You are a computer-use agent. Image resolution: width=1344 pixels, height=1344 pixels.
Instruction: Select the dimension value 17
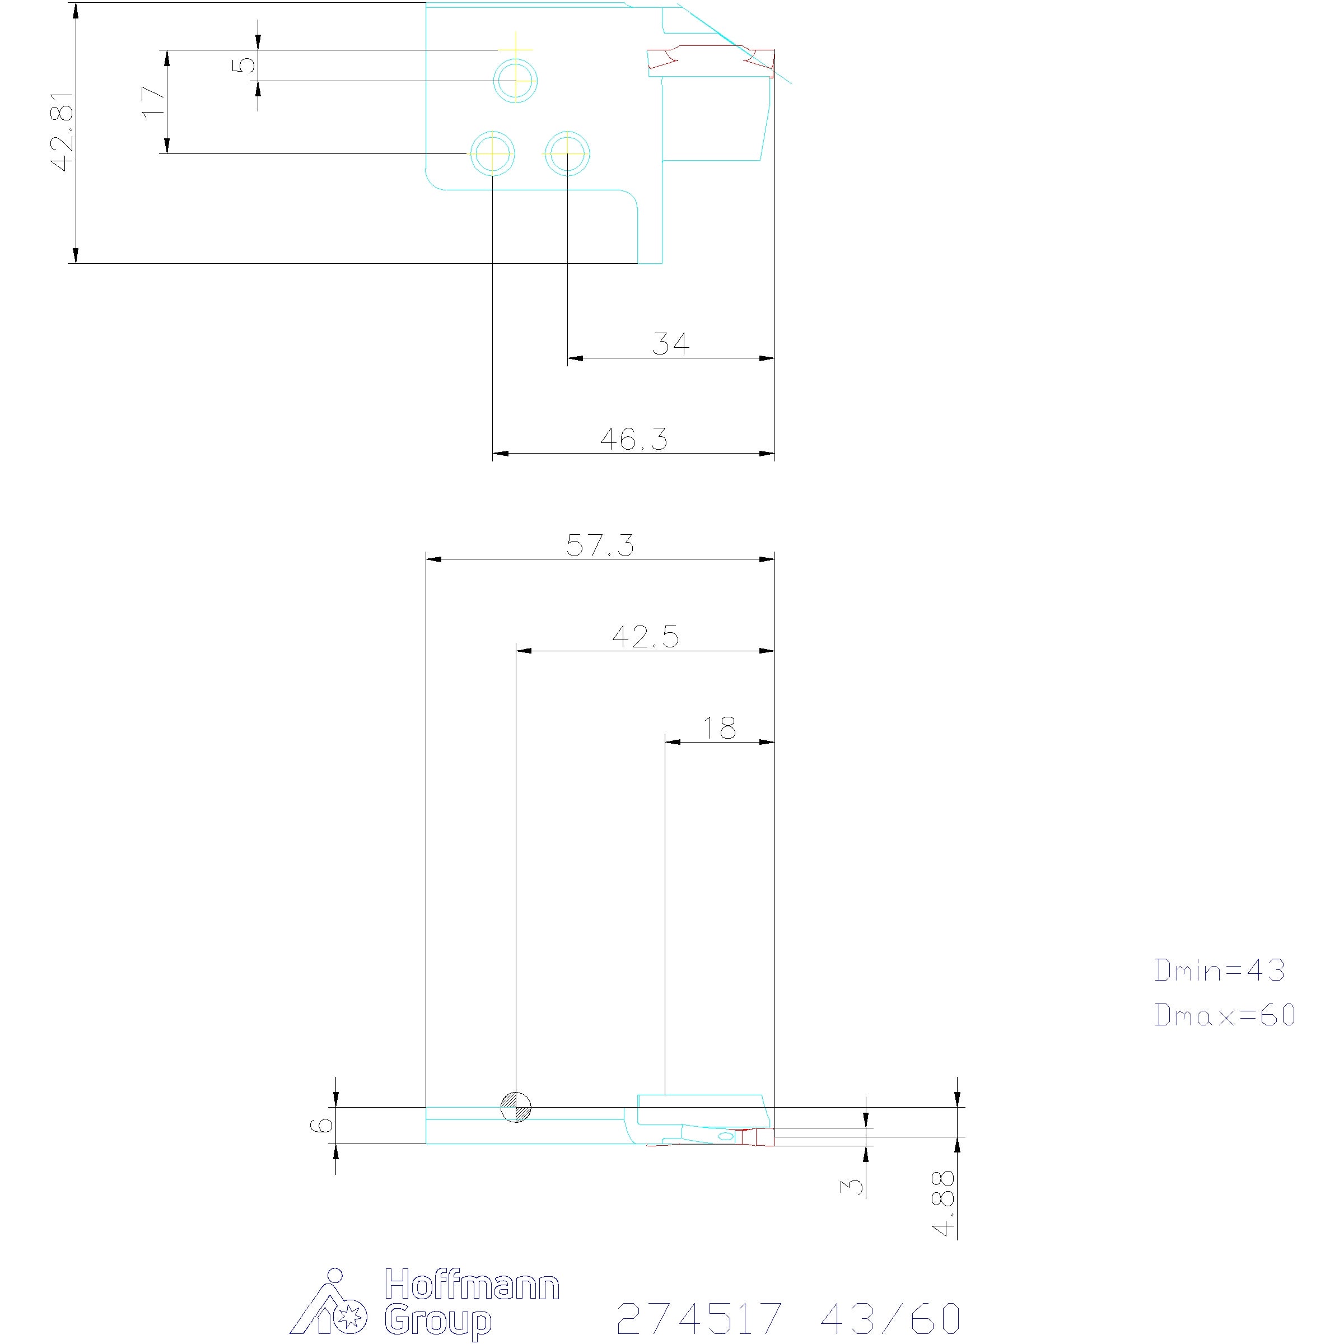[154, 101]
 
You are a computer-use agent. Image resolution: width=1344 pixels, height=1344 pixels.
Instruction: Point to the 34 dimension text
[671, 344]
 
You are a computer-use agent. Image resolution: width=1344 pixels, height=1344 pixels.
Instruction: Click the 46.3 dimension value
[634, 439]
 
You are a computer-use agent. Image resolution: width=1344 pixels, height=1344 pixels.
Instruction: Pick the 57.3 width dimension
[600, 545]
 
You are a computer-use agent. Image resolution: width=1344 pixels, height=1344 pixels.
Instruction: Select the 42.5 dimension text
[645, 637]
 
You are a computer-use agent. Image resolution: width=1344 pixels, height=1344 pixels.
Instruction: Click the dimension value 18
[718, 729]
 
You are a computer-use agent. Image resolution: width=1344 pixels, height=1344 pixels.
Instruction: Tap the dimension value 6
[321, 1125]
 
